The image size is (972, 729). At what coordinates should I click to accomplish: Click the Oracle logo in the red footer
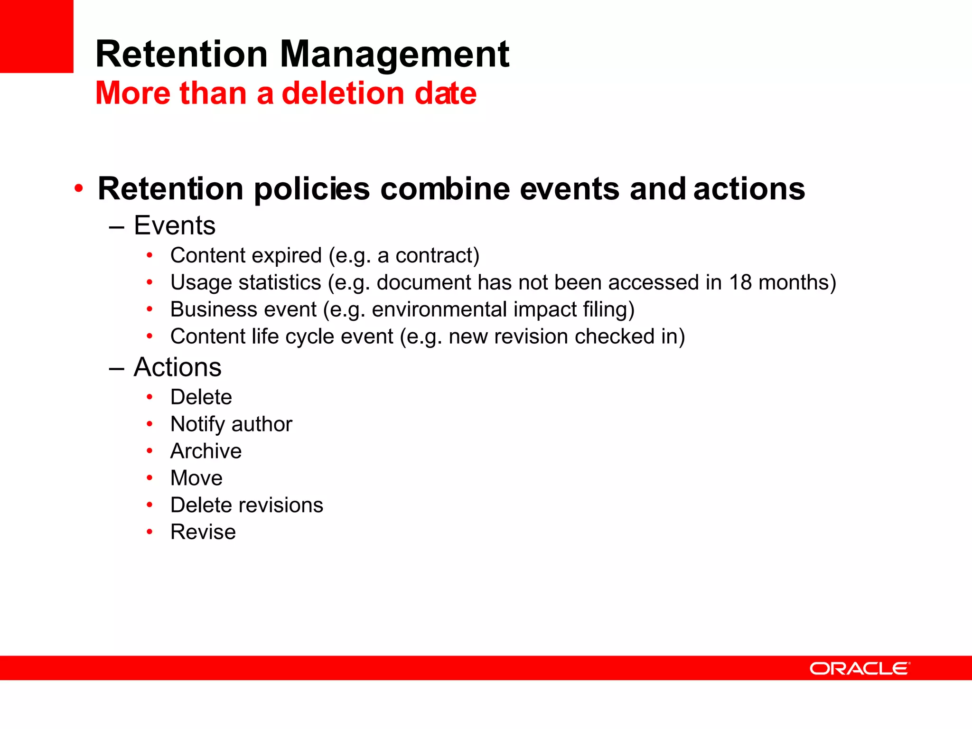[860, 668]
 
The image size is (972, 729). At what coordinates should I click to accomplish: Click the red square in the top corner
[37, 36]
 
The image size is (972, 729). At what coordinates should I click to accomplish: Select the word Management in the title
[394, 55]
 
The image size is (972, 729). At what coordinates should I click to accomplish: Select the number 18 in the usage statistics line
[740, 282]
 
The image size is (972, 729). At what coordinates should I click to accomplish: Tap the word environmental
[439, 309]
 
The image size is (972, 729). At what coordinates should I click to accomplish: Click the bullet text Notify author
[231, 424]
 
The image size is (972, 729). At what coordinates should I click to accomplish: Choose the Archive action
[206, 451]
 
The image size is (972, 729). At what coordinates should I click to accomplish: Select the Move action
[196, 478]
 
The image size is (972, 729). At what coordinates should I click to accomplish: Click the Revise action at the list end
[203, 532]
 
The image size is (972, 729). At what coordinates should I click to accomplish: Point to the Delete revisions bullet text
[247, 505]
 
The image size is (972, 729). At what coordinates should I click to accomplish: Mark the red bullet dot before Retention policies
[79, 189]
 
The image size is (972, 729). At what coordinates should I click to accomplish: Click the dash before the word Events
[116, 227]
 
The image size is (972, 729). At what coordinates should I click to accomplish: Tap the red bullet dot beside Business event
[150, 309]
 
